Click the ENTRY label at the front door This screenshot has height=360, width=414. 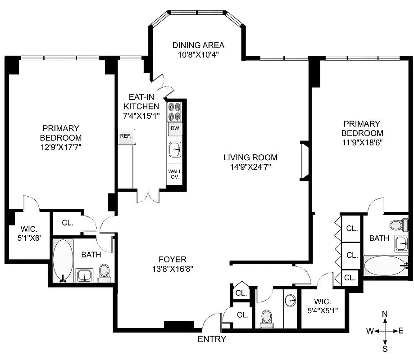point(212,339)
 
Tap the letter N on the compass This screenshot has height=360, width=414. point(384,314)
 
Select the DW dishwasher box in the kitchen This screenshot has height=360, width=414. point(174,129)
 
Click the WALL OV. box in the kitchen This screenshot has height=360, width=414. point(174,174)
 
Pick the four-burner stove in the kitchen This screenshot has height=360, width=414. point(174,112)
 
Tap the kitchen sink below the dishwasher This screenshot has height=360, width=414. point(174,149)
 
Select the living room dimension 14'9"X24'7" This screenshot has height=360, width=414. point(250,167)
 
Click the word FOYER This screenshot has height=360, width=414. point(173,259)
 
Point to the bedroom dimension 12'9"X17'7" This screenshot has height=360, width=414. point(61,147)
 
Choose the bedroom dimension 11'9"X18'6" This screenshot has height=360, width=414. point(362,143)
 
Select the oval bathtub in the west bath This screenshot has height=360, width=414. point(63,261)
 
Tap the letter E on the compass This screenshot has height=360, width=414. point(401,331)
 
